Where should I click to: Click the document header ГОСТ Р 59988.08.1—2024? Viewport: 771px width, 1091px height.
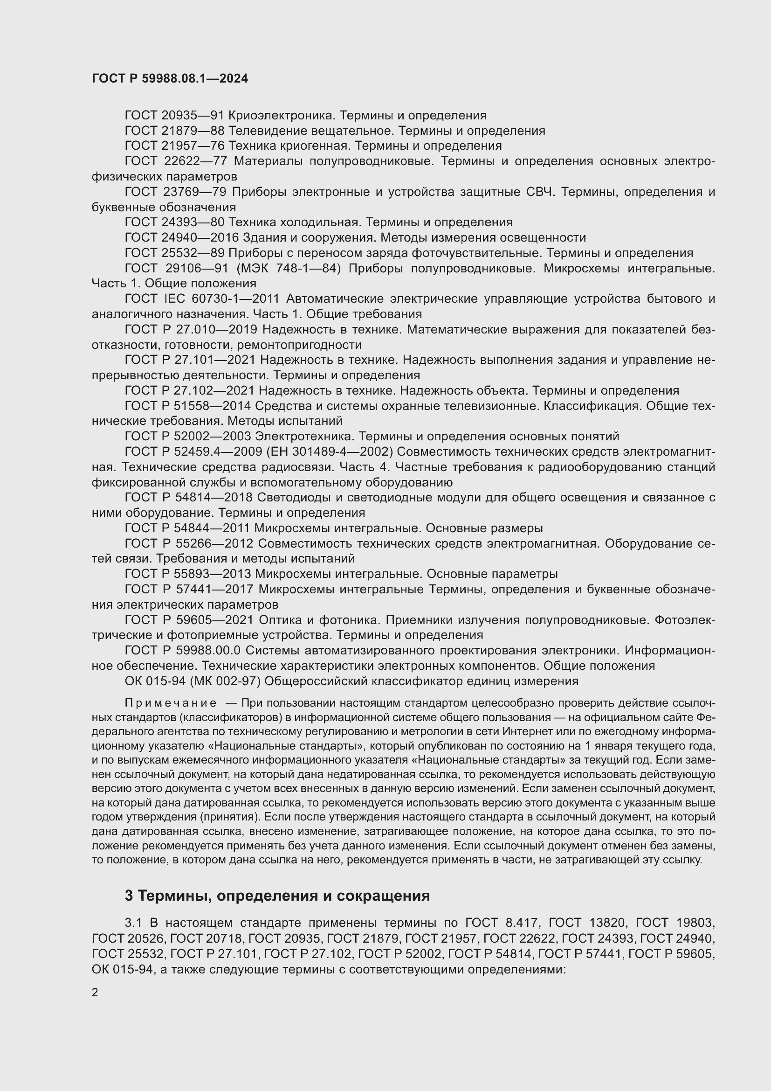click(x=170, y=78)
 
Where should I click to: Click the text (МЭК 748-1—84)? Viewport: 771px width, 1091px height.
click(x=289, y=269)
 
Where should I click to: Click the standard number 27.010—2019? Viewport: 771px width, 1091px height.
click(x=216, y=329)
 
